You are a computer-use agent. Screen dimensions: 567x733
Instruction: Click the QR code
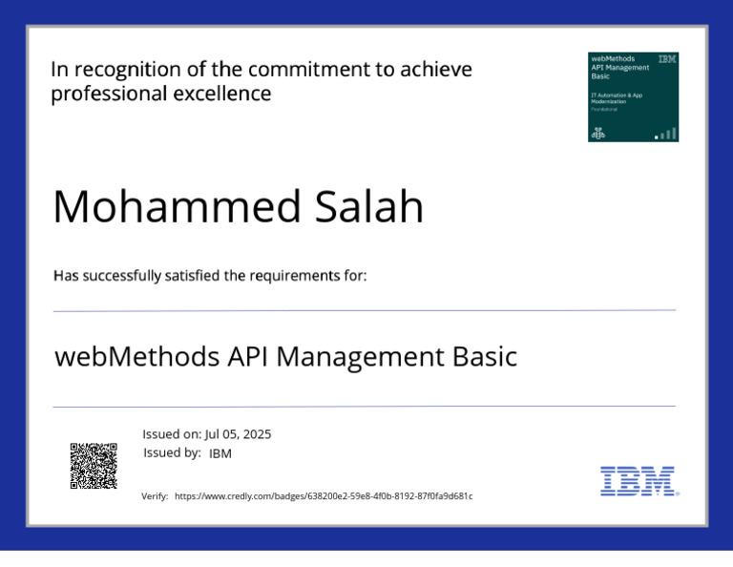[94, 466]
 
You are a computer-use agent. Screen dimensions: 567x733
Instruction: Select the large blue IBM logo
[639, 481]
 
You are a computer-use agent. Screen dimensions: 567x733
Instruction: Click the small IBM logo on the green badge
[667, 59]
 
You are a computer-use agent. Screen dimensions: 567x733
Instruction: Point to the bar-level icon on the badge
[666, 134]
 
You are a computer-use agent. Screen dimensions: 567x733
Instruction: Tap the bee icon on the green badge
[599, 134]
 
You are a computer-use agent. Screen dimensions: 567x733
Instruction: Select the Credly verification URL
[324, 496]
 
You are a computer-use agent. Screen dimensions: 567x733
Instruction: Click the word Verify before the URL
[155, 496]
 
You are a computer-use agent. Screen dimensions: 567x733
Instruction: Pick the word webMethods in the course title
[137, 357]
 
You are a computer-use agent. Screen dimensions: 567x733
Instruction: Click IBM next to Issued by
[220, 453]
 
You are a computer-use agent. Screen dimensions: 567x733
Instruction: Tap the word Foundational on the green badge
[604, 110]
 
